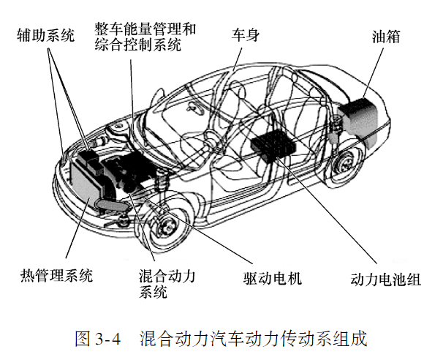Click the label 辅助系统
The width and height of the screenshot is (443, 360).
[x=46, y=34]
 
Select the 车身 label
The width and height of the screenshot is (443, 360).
[x=246, y=34]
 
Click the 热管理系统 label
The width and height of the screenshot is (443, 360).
[x=56, y=276]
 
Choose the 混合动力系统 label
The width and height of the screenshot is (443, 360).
[x=167, y=283]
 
